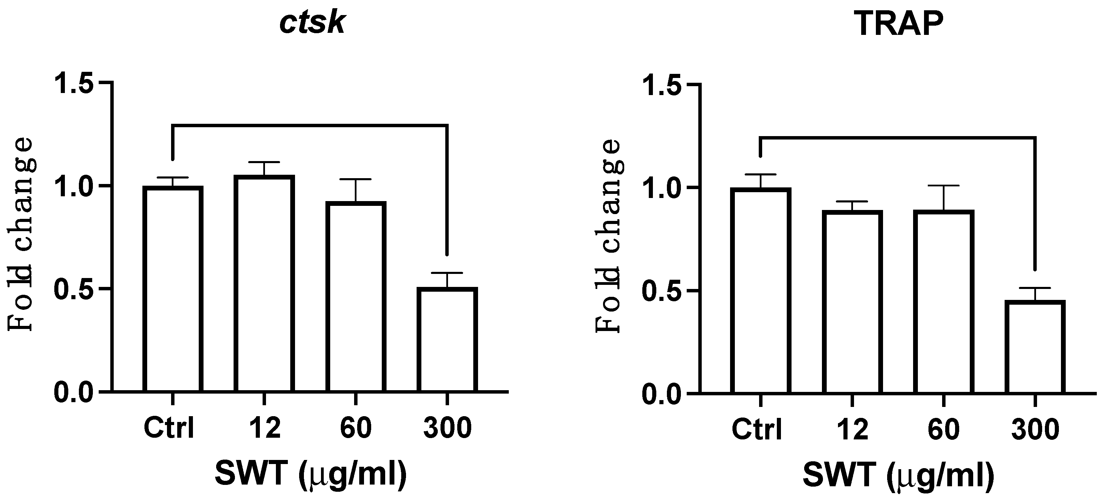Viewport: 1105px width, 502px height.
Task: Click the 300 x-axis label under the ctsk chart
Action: click(447, 428)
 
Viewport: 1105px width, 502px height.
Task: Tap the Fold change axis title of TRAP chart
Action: click(608, 237)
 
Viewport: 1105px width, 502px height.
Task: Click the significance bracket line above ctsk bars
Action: click(310, 125)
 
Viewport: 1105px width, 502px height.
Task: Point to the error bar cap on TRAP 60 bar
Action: click(944, 185)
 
